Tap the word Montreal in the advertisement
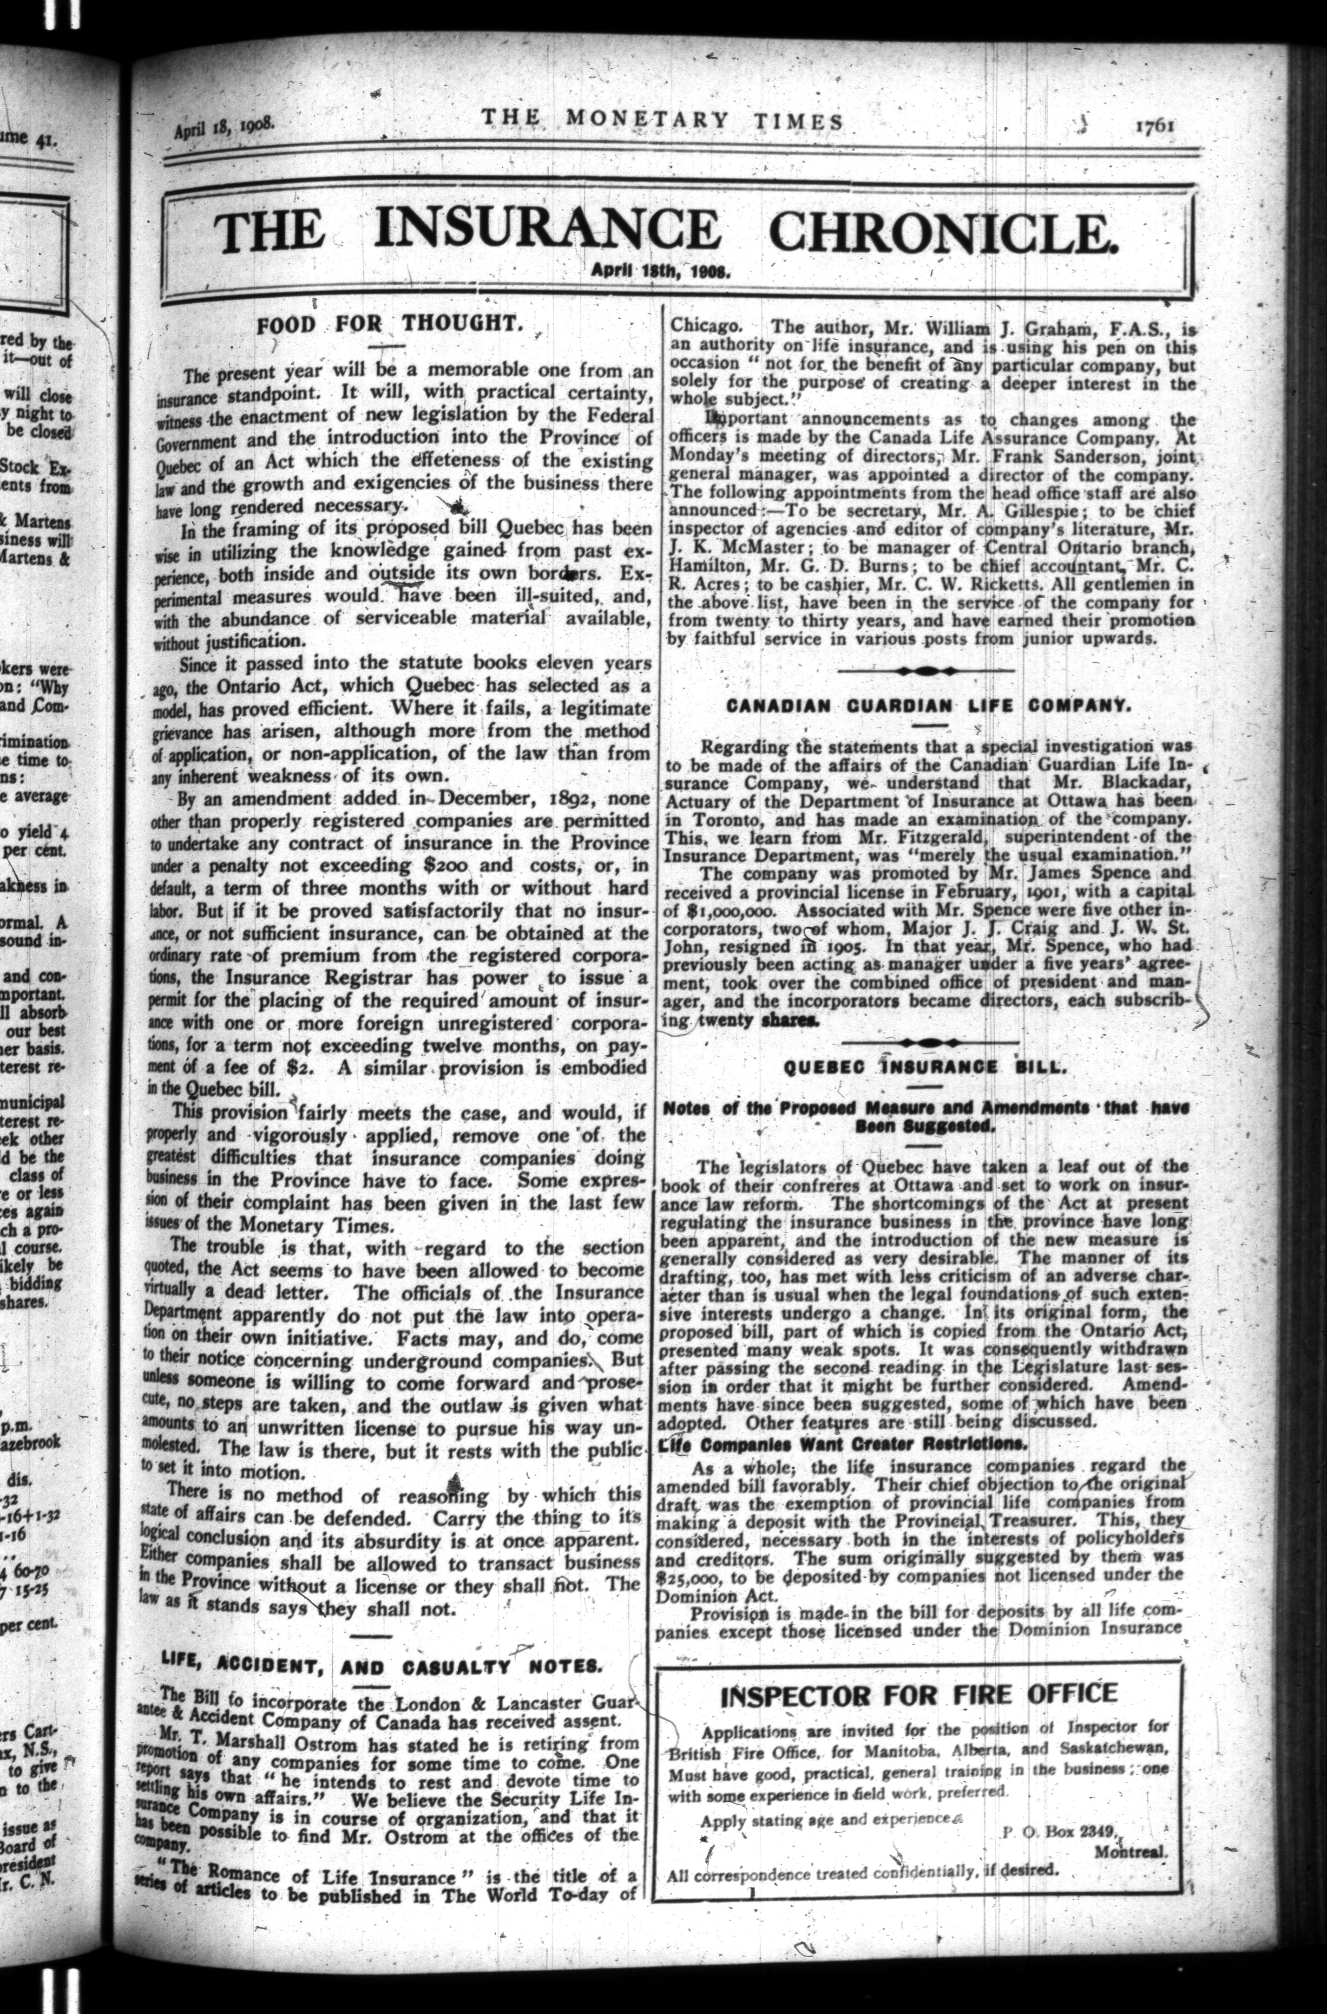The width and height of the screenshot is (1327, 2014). (1130, 1821)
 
